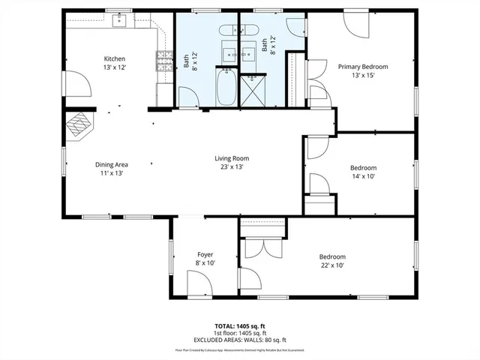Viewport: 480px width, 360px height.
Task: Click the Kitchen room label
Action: (x=114, y=58)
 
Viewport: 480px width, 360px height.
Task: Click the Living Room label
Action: (x=232, y=158)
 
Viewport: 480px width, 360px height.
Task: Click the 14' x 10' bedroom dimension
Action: (x=363, y=176)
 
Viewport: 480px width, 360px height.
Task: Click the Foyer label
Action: (x=205, y=254)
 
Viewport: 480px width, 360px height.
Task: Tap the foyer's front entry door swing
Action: (x=198, y=285)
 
